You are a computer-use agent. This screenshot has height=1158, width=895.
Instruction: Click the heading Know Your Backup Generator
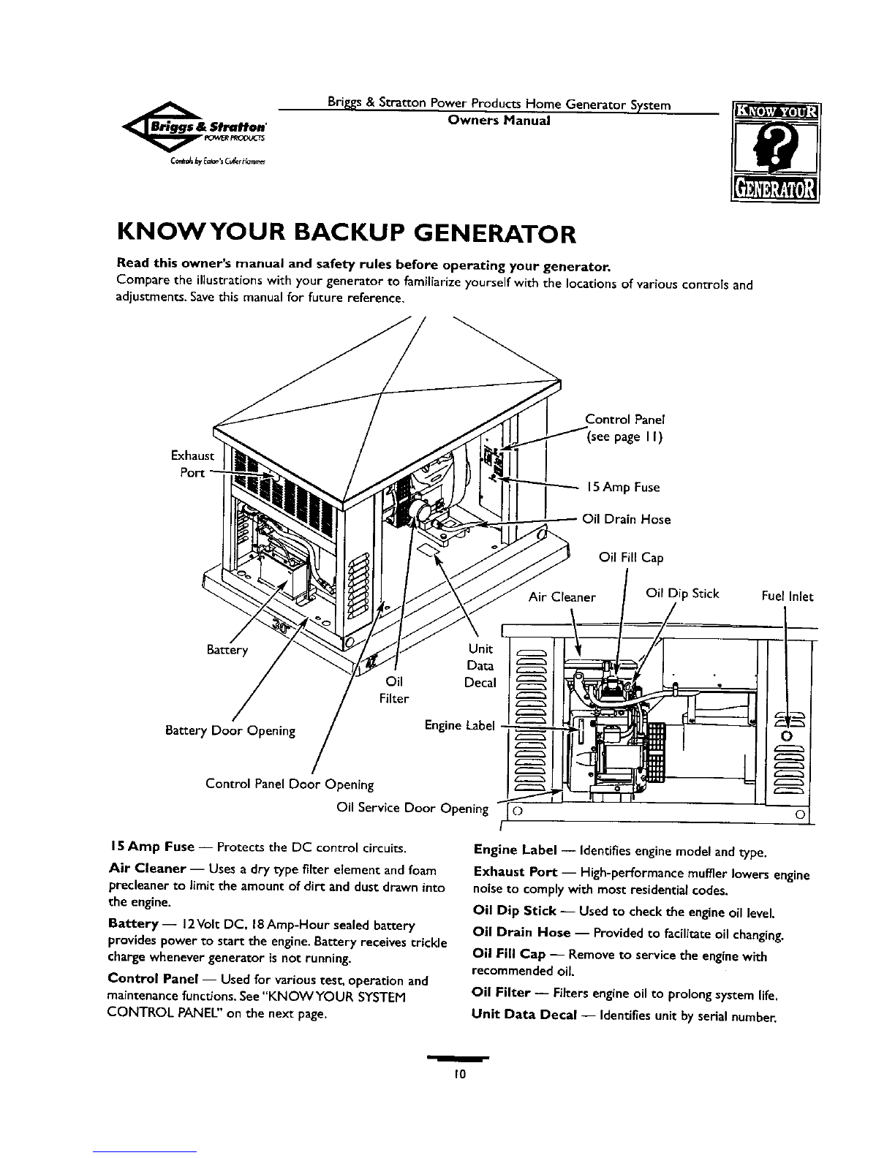coord(346,234)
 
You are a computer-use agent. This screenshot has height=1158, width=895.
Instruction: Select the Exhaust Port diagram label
coord(192,463)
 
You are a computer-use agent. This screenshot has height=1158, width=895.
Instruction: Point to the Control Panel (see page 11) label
coord(624,428)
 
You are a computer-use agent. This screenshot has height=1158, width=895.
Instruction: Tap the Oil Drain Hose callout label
coord(626,520)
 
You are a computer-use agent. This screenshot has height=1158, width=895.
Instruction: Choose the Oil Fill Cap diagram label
coord(631,558)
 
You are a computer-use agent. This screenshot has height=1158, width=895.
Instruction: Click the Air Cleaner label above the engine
coord(562,597)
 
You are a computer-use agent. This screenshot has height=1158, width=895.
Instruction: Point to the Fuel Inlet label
coord(787,597)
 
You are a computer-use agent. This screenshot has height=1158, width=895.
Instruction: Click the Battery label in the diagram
coord(227,650)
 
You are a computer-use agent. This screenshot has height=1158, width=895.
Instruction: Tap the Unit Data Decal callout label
coord(480,665)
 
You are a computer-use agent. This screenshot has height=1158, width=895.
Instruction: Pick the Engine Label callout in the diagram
coord(460,725)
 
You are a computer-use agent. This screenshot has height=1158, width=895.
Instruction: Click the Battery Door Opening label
coord(231,730)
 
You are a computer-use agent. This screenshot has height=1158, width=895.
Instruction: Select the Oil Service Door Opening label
coord(412,808)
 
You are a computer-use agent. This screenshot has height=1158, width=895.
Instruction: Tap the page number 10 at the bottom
coord(458,1075)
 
